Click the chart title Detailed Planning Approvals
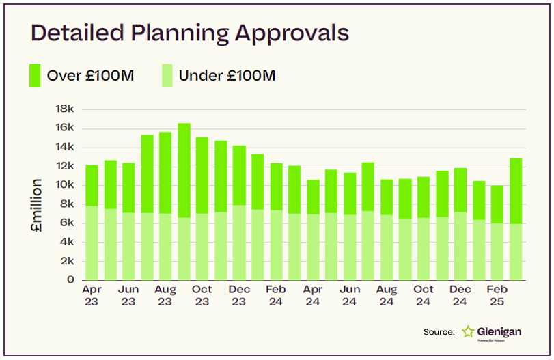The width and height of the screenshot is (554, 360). click(190, 33)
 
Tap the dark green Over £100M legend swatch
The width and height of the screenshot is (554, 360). click(35, 75)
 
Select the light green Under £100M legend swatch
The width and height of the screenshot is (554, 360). click(168, 75)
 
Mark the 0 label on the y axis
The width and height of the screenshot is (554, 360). click(70, 280)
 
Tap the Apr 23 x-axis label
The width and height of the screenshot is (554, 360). click(92, 295)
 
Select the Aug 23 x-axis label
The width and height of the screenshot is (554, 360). click(165, 295)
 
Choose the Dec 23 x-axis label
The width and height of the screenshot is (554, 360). click(239, 295)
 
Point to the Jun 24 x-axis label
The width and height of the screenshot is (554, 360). click(350, 295)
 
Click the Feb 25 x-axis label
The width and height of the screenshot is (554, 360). click(497, 295)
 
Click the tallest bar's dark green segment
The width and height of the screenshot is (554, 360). click(184, 170)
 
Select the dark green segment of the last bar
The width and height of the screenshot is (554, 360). click(516, 191)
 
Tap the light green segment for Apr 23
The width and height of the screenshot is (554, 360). click(92, 243)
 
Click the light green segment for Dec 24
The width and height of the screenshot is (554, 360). click(460, 246)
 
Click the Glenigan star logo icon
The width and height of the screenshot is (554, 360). click(468, 332)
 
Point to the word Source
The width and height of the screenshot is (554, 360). click(439, 332)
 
